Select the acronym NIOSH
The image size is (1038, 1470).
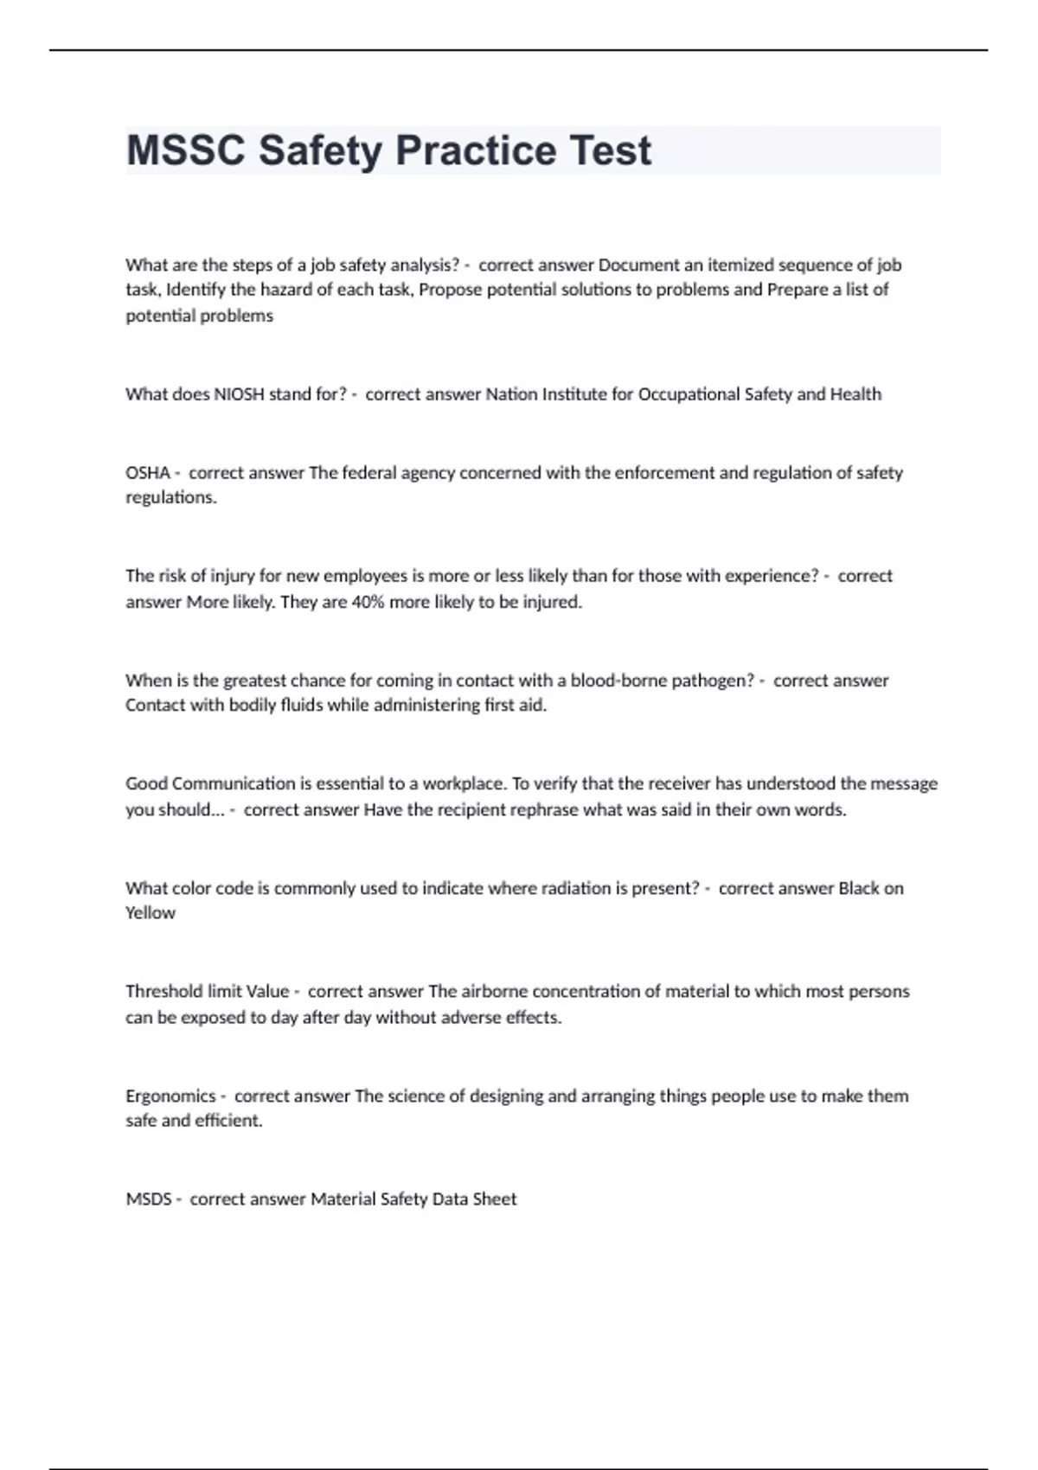(239, 394)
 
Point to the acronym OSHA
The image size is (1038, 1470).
(147, 473)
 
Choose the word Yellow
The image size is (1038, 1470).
(150, 913)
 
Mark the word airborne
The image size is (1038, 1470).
(494, 992)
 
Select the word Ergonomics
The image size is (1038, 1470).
(170, 1096)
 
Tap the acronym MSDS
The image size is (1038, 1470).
(148, 1199)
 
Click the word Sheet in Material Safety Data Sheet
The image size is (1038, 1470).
(495, 1199)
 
